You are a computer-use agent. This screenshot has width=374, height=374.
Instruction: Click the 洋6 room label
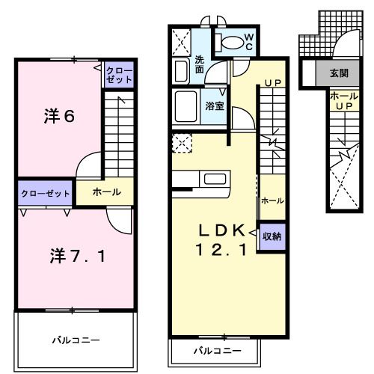coord(58,117)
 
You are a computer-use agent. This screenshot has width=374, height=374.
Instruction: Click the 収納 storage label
coord(272,236)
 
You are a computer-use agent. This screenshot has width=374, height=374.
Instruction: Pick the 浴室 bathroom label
coord(215,106)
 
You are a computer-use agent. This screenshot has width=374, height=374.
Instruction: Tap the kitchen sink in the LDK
coord(215,180)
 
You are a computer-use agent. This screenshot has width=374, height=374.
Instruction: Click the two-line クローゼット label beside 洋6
coord(120,75)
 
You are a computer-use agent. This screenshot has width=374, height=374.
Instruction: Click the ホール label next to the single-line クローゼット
coord(106,192)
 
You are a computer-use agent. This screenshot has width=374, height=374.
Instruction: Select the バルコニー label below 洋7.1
coord(76,340)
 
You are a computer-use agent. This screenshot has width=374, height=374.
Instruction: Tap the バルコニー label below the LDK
coord(218,350)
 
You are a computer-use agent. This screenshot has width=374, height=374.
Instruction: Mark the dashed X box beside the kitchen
coord(180,141)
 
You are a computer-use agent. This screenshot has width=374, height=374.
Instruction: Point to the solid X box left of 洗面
coord(180,40)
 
